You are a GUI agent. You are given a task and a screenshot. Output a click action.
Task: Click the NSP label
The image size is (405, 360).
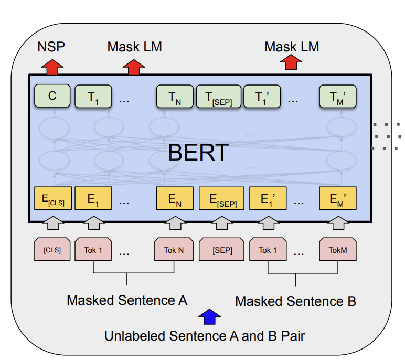[x=51, y=47]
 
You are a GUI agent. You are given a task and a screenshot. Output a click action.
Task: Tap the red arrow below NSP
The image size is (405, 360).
[x=52, y=67]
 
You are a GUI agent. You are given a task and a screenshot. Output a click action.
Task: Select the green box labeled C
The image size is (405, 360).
[x=52, y=96]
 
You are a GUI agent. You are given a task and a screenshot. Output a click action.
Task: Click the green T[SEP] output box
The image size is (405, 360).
[x=218, y=97]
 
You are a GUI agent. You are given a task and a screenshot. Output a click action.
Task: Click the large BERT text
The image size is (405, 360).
[x=198, y=152]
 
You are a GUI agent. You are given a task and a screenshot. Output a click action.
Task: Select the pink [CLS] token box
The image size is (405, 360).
[x=52, y=249]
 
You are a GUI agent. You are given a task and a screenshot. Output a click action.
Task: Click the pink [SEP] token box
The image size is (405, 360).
[x=221, y=249]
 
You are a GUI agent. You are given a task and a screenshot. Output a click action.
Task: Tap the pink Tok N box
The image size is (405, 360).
[x=174, y=249]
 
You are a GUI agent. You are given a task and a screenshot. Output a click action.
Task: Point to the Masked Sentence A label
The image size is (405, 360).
[x=127, y=301]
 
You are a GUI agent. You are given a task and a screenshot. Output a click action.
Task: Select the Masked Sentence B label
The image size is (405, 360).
[x=295, y=301]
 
